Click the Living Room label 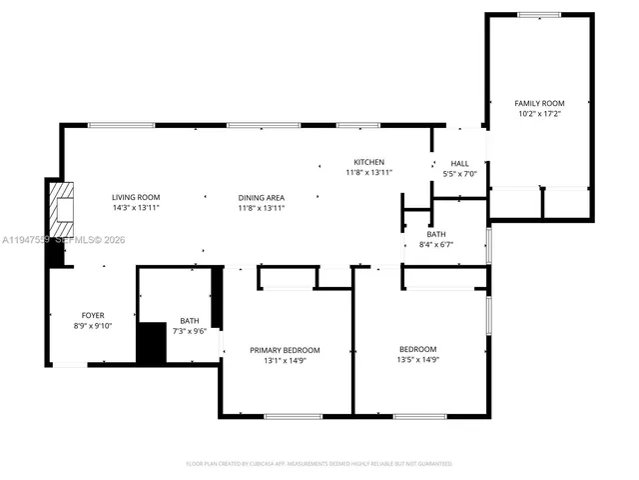136,197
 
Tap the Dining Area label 262,197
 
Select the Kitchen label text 368,162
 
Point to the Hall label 459,164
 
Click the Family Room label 539,103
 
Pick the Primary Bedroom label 285,349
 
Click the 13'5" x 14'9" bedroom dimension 418,360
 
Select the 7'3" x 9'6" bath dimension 189,332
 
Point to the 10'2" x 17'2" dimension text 539,114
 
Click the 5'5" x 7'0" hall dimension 459,175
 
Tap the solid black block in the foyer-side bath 151,343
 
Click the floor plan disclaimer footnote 319,464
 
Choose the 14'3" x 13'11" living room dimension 136,208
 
